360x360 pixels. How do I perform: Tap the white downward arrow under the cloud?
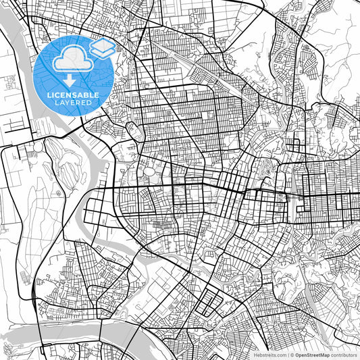click(69, 80)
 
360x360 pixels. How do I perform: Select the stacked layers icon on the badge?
click(102, 48)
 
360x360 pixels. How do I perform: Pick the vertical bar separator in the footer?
click(286, 354)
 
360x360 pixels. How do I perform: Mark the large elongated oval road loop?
click(135, 131)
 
